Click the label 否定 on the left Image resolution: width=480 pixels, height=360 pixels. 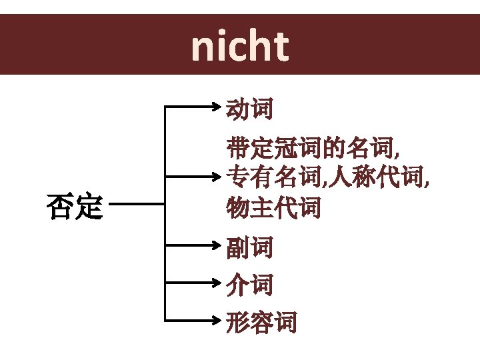(x=74, y=207)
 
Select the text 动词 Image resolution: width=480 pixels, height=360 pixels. (x=249, y=109)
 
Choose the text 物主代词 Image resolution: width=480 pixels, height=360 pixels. (x=273, y=208)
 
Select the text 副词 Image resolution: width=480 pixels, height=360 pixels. (x=249, y=249)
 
